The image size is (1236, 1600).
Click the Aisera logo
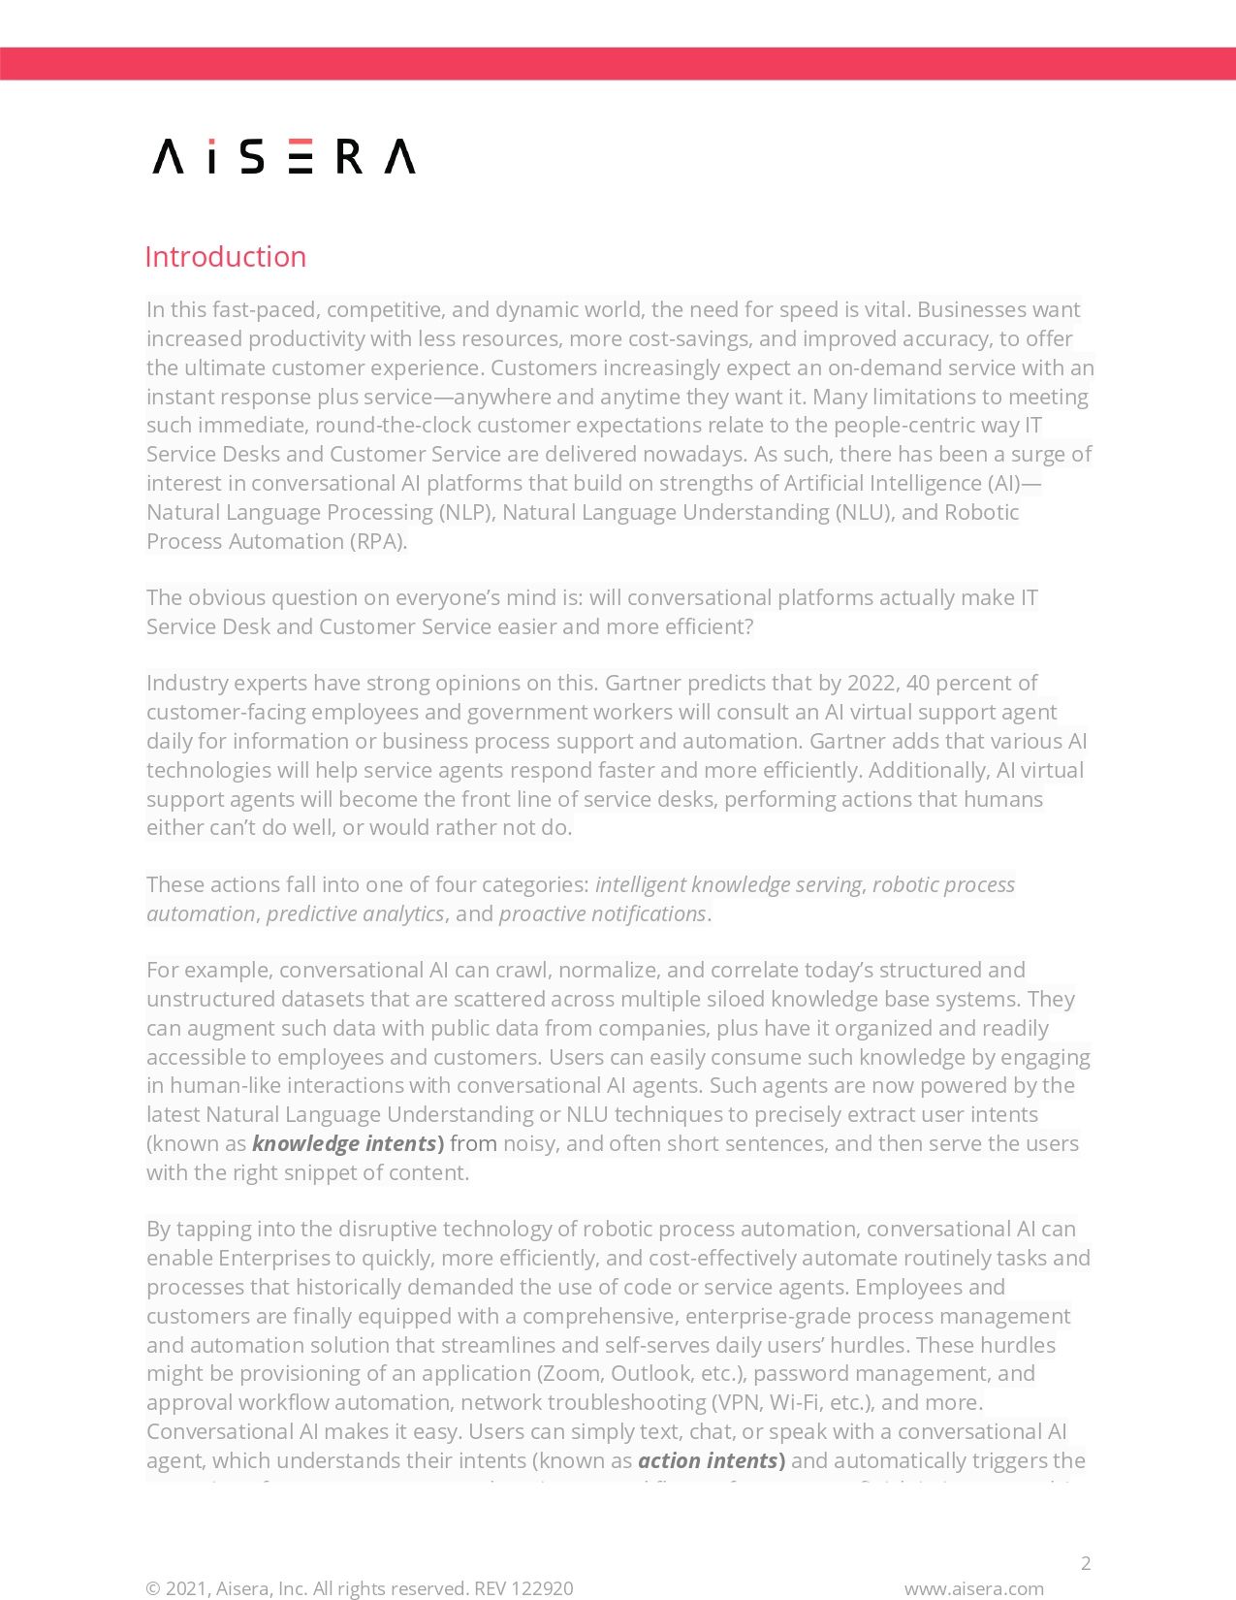284,156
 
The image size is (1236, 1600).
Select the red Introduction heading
225,257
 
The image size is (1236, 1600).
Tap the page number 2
1086,1562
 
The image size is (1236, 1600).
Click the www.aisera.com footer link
973,1588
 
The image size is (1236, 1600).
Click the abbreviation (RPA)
378,541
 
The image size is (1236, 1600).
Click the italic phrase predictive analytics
355,913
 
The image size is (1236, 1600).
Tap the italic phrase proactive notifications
602,913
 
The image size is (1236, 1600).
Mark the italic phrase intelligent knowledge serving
728,884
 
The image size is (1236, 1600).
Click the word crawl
522,970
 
